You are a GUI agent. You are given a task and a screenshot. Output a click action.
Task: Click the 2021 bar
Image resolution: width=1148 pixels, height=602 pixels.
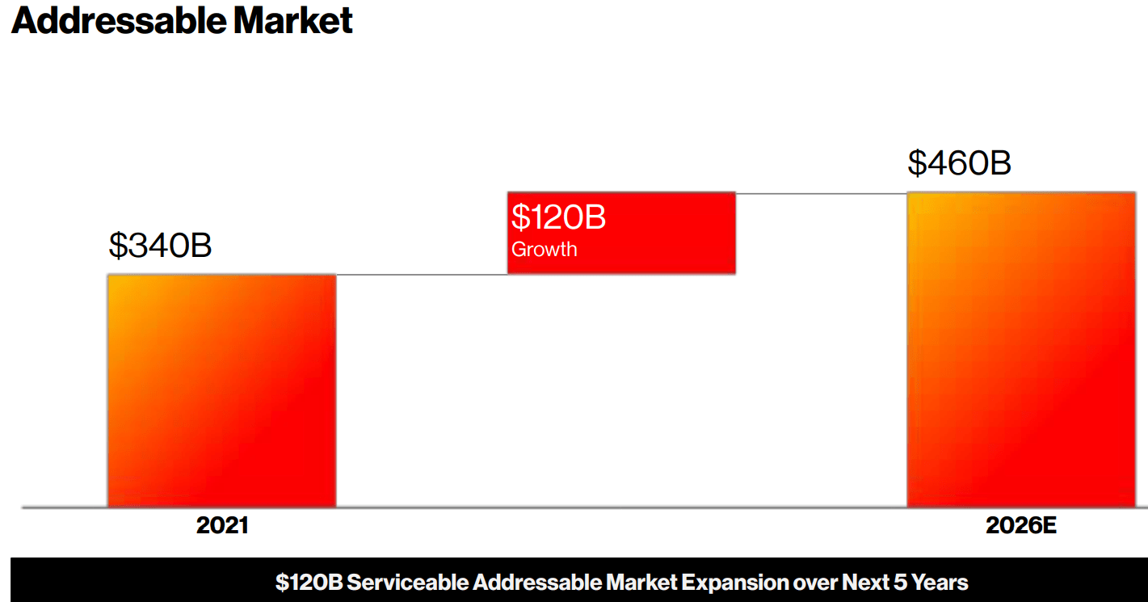(x=221, y=391)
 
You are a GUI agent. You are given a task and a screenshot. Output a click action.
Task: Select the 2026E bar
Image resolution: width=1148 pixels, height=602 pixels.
(x=1021, y=349)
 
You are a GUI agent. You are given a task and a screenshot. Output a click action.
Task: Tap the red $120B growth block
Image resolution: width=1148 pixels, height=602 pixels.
(x=621, y=233)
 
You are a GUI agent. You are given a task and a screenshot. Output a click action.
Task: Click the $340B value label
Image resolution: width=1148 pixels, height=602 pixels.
(x=160, y=246)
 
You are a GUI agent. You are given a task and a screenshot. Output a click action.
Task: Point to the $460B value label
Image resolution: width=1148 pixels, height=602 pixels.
(x=959, y=163)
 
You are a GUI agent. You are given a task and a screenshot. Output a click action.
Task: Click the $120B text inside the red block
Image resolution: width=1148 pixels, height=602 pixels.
(x=558, y=218)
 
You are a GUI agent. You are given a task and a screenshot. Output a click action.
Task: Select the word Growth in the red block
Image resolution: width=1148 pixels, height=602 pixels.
(x=544, y=249)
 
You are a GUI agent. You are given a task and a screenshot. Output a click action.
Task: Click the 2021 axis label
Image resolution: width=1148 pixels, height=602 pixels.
(x=222, y=526)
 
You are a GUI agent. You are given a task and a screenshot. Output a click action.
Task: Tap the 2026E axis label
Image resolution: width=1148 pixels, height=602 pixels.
(x=1020, y=526)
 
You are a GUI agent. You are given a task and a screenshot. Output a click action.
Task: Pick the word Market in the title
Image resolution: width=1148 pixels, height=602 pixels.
(x=293, y=21)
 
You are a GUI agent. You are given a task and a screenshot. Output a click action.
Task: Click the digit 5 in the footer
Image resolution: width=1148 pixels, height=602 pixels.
(x=899, y=583)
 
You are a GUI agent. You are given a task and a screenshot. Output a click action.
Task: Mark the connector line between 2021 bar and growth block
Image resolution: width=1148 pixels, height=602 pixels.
(x=421, y=275)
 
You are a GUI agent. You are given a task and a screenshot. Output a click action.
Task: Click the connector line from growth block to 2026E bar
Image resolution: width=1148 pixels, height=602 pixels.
(x=821, y=193)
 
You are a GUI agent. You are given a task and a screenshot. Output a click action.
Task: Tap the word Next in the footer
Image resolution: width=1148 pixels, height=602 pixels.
(x=864, y=583)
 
